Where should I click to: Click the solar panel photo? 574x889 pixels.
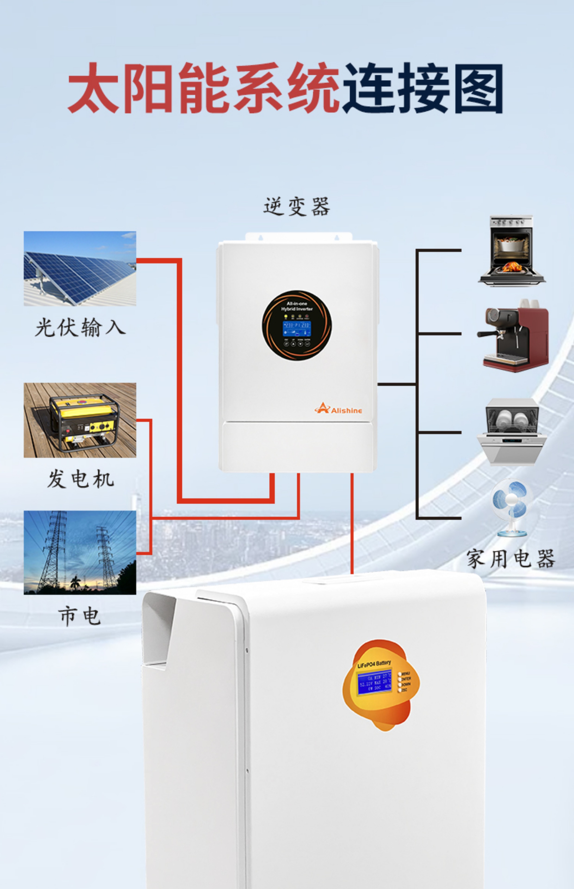click(x=80, y=268)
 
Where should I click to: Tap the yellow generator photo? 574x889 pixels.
click(x=80, y=420)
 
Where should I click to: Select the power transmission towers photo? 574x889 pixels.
click(x=80, y=552)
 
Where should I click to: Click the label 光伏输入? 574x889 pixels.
click(x=80, y=328)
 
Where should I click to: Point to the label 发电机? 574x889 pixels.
click(x=80, y=479)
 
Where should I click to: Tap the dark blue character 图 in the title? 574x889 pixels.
click(x=479, y=88)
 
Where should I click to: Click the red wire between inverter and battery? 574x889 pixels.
click(x=352, y=522)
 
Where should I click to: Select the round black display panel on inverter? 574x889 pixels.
click(x=296, y=325)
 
